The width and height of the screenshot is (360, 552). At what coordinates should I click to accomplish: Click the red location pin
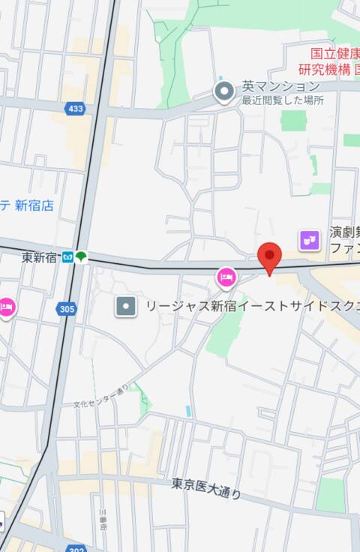[270, 257]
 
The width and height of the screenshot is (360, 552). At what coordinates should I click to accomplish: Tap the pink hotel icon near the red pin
[226, 277]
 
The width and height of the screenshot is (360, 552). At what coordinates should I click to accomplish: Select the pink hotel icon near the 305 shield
[6, 307]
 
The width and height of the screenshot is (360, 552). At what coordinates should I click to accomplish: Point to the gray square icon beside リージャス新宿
[126, 306]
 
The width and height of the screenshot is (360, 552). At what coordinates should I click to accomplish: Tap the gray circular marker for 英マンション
[223, 92]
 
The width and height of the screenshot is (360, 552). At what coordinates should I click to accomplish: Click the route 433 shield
[75, 109]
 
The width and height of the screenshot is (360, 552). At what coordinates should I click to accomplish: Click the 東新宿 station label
[40, 257]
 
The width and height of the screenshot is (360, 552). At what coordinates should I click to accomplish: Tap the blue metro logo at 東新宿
[67, 257]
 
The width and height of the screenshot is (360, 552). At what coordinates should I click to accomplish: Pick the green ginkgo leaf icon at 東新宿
[81, 257]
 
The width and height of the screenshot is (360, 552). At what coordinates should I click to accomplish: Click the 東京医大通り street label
[206, 488]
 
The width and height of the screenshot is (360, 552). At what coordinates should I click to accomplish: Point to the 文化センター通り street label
[101, 395]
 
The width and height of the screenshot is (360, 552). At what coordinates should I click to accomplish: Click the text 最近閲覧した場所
[283, 100]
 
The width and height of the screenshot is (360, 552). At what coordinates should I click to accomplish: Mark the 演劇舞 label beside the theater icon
[345, 233]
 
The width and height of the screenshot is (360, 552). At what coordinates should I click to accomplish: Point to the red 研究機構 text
[325, 69]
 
